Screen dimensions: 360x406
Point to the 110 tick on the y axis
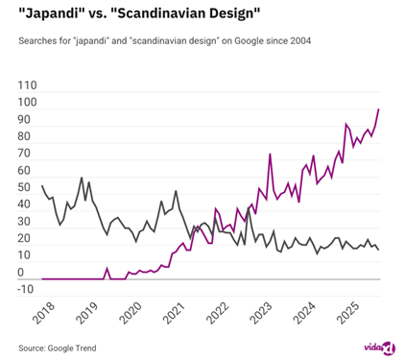pos(28,84)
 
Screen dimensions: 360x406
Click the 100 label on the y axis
pos(28,102)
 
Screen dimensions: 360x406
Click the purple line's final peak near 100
pos(379,109)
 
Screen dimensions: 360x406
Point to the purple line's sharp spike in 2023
pos(271,155)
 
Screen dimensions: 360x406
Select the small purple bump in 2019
pos(107,269)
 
